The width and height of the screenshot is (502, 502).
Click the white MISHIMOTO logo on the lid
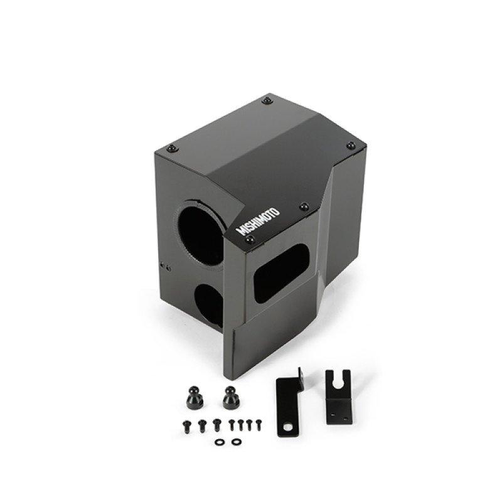258,219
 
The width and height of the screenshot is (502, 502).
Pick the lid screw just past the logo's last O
304,206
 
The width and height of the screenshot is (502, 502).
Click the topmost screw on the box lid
267,100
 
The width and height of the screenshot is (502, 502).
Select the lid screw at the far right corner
351,146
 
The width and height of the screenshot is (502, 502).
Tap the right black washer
235,442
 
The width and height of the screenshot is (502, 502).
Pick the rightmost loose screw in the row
255,424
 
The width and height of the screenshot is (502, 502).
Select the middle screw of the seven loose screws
232,424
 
